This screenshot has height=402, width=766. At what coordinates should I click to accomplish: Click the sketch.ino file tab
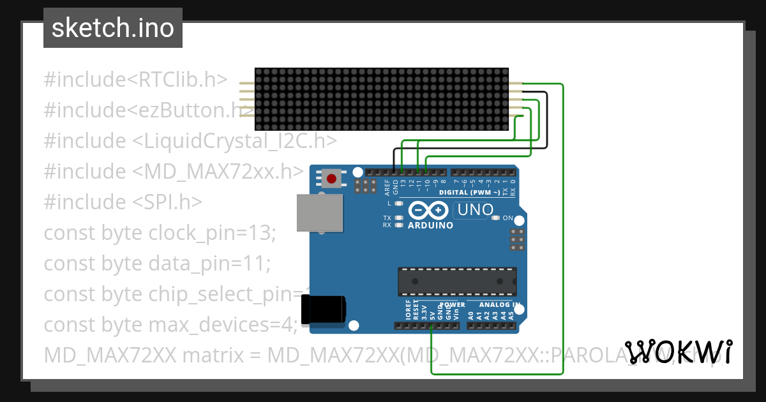pyautogui.click(x=112, y=28)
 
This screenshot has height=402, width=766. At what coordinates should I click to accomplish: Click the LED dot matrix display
pyautogui.click(x=381, y=98)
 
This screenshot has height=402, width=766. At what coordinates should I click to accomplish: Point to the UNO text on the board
pyautogui.click(x=476, y=209)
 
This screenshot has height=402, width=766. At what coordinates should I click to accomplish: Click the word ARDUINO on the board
pyautogui.click(x=430, y=225)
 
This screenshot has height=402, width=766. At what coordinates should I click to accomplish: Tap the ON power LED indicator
pyautogui.click(x=496, y=218)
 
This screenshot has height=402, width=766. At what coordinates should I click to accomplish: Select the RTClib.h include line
pyautogui.click(x=135, y=79)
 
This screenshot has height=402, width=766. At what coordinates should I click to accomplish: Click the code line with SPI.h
pyautogui.click(x=123, y=202)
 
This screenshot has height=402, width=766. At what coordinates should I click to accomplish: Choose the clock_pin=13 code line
pyautogui.click(x=160, y=232)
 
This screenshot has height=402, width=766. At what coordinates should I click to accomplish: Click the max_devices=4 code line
pyautogui.click(x=170, y=324)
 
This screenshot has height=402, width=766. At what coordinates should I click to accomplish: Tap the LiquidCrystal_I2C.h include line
pyautogui.click(x=190, y=140)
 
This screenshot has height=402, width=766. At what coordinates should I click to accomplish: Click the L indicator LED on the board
pyautogui.click(x=399, y=204)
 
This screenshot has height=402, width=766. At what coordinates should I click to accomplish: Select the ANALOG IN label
pyautogui.click(x=500, y=305)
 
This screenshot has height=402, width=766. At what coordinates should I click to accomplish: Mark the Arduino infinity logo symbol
pyautogui.click(x=428, y=211)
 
